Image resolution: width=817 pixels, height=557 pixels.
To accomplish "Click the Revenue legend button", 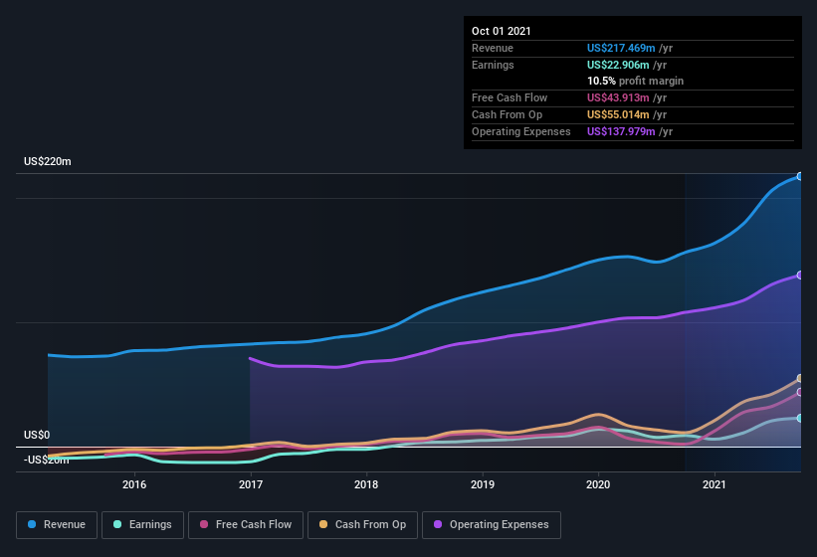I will tap(57, 524).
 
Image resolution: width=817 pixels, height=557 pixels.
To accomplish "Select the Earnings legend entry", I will tap(140, 524).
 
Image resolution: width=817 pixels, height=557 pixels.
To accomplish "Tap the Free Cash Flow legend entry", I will tap(245, 524).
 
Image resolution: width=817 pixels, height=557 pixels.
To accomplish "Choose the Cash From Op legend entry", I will tap(362, 524).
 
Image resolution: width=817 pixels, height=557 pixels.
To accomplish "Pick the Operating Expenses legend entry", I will tap(491, 524).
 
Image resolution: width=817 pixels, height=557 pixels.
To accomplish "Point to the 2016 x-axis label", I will tap(134, 485).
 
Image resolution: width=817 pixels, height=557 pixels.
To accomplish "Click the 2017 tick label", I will tap(250, 485).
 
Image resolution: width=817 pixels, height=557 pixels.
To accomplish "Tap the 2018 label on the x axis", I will tap(366, 485).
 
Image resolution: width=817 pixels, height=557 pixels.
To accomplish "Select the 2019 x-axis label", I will tap(483, 485).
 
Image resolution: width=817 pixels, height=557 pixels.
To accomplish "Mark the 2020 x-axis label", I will tap(598, 485).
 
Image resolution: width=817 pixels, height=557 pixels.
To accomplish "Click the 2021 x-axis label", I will tap(715, 485).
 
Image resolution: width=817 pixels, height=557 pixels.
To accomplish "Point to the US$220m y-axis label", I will tap(48, 161).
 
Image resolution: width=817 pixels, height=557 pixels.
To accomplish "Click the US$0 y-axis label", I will tap(37, 436).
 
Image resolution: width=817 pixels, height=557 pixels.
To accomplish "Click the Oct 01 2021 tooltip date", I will tap(502, 31).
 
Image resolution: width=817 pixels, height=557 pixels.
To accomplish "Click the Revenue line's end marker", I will tap(800, 176).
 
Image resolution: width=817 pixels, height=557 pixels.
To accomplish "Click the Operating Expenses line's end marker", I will tap(800, 276).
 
